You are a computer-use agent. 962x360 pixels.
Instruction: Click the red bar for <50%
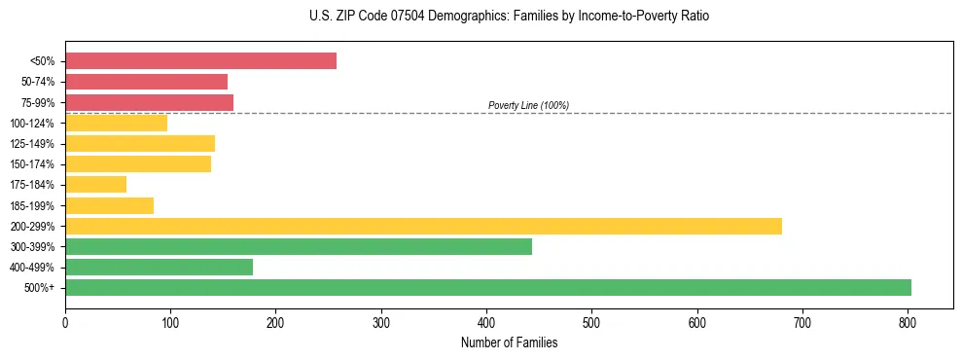point(200,61)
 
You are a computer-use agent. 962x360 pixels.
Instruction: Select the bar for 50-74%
point(146,82)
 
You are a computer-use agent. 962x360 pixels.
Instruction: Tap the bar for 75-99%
point(149,102)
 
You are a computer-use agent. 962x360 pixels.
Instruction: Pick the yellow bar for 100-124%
point(116,123)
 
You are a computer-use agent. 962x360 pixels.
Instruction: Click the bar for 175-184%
point(95,185)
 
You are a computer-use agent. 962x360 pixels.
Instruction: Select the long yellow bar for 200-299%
point(423,226)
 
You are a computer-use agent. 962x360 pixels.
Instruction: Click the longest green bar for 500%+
point(487,288)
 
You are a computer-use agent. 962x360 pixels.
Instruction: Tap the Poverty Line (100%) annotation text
point(528,105)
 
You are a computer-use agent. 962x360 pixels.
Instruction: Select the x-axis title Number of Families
point(509,342)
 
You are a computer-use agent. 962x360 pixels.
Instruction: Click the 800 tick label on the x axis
point(908,322)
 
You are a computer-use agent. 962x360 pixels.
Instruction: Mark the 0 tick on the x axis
point(65,322)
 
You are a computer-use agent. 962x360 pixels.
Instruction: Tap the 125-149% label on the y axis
point(32,144)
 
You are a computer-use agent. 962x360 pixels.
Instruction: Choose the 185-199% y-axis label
point(32,206)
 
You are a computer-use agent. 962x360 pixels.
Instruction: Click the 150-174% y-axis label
point(32,164)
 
